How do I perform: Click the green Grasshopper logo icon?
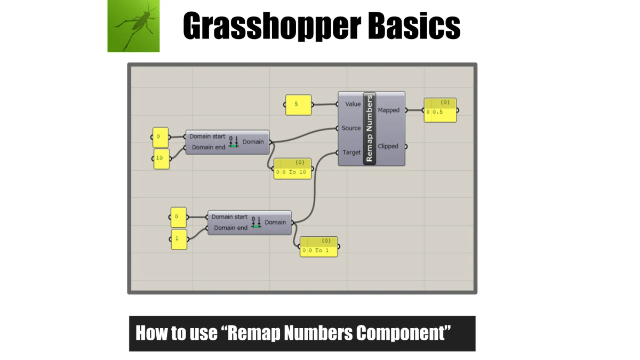point(133,26)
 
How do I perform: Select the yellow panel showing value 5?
point(298,105)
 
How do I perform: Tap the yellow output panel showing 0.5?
point(441,111)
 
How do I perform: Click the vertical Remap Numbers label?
point(370,129)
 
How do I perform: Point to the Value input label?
point(353,104)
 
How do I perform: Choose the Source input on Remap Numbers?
point(351,128)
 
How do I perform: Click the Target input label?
point(351,153)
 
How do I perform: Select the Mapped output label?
point(388,110)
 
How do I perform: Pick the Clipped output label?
point(388,146)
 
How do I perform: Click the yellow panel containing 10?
point(161,158)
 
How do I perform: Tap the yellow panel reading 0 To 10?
point(292,169)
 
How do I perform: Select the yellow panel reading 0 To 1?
point(318,247)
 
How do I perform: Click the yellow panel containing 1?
point(178,239)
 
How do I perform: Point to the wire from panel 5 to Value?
point(324,104)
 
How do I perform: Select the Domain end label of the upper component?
point(210,147)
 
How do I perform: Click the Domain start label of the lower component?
point(229,217)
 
